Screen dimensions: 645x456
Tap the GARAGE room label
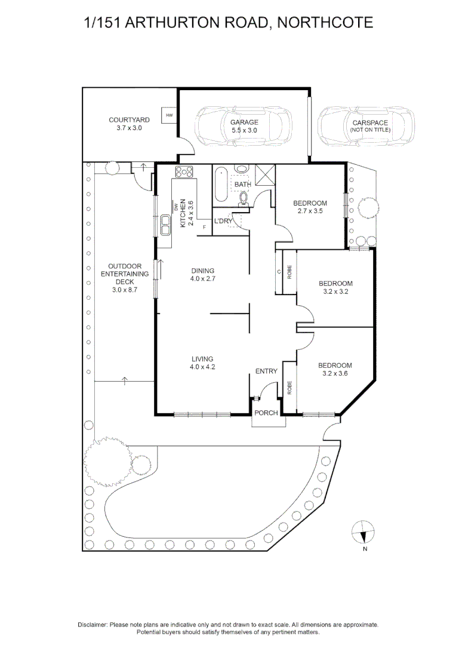click(244, 127)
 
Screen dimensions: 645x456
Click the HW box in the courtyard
click(169, 115)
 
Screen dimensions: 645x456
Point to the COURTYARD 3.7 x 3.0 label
click(129, 124)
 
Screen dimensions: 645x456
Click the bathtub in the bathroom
click(220, 186)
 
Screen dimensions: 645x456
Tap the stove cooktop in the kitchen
click(184, 172)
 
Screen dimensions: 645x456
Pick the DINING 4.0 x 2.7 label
click(202, 275)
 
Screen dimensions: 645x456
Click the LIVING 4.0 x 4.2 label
click(202, 363)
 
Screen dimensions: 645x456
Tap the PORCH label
click(266, 413)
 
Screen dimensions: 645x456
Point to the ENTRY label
click(266, 371)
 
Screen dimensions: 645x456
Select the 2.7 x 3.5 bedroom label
click(310, 207)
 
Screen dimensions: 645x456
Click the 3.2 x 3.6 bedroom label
click(335, 369)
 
